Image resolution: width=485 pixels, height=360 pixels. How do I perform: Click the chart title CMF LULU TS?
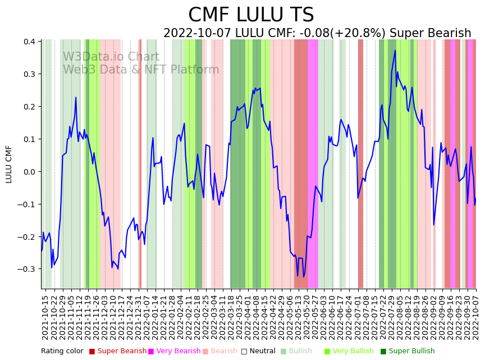click(x=251, y=15)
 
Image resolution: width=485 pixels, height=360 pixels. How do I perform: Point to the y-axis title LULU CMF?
click(x=9, y=164)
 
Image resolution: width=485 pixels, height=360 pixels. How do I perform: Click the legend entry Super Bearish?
click(x=118, y=352)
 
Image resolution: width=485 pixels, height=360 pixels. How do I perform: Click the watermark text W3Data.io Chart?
click(x=111, y=57)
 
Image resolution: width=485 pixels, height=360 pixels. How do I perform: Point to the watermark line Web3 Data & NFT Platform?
click(x=140, y=70)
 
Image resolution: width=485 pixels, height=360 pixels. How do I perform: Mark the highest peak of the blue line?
click(x=395, y=51)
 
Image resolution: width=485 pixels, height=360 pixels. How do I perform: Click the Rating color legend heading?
click(x=62, y=352)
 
